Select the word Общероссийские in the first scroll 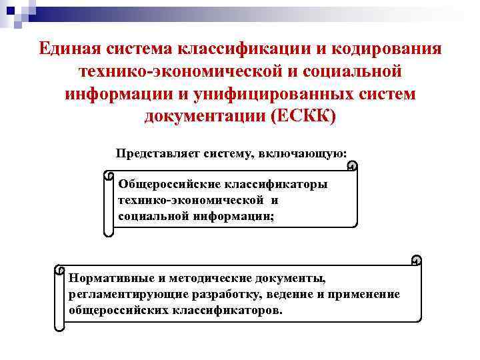pos(168,184)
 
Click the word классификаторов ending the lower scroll pos(220,311)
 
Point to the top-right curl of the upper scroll pos(352,165)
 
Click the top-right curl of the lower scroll pos(416,259)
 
